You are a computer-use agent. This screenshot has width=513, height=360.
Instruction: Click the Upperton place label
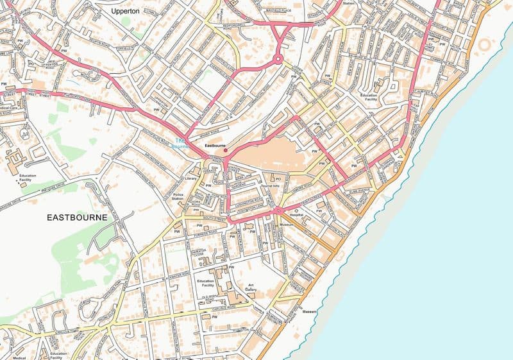125,12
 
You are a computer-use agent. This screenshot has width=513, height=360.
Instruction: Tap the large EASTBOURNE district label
78,218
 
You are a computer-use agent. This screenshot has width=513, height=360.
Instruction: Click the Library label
190,179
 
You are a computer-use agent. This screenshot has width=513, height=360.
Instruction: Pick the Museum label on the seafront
310,312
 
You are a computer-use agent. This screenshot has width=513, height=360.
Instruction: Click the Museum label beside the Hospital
287,225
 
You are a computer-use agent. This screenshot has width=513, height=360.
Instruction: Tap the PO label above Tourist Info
278,179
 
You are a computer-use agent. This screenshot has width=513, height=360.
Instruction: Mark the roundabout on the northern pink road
278,59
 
